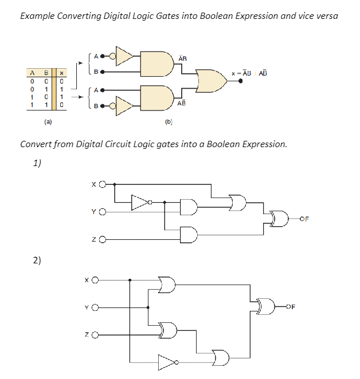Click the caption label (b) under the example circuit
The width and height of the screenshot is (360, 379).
point(169,122)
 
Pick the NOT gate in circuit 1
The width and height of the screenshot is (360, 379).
point(140,202)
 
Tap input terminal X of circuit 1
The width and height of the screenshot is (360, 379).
point(103,184)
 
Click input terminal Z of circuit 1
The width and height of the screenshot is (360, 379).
point(103,240)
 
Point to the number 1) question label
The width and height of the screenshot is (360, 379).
point(37,163)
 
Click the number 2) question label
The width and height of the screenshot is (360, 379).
point(37,260)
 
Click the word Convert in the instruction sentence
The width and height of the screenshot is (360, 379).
point(36,144)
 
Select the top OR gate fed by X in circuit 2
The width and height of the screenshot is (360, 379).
point(167,284)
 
